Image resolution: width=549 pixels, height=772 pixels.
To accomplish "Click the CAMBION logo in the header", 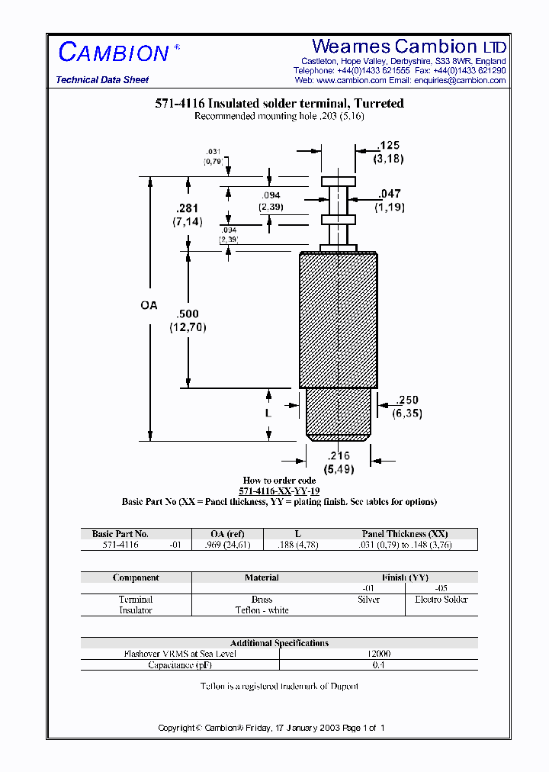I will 114,53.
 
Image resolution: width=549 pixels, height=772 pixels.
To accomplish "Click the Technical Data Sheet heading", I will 102,80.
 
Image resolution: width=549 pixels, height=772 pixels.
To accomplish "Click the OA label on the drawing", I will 149,305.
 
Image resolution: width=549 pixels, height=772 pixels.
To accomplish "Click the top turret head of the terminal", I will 338,182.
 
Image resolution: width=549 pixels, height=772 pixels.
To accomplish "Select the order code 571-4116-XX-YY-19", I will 279,491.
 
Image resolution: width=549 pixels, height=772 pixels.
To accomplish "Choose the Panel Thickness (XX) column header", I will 405,534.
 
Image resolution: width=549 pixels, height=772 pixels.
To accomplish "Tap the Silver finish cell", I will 368,600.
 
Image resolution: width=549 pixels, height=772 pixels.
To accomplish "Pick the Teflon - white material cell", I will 262,610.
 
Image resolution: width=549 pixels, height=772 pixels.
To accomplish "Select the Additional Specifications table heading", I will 279,643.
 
